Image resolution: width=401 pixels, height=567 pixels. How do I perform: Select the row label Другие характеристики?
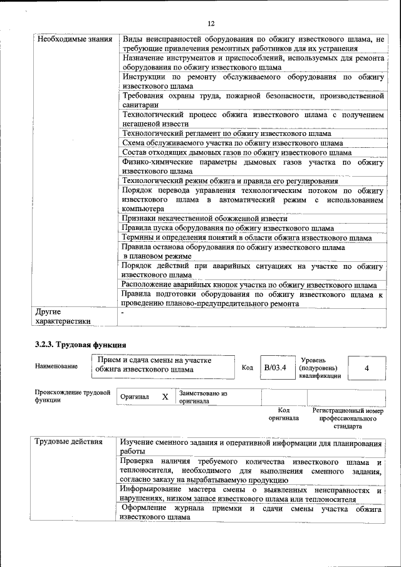[63, 316]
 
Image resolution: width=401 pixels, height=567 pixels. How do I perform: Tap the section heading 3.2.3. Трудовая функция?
[80, 345]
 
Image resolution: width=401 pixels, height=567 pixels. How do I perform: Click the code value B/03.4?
[274, 368]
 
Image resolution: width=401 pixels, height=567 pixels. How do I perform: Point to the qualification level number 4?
[366, 368]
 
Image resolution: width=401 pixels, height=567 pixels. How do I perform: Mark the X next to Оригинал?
[165, 397]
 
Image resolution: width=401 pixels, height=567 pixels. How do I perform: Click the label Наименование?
[56, 366]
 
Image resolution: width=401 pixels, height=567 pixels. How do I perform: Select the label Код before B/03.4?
[247, 368]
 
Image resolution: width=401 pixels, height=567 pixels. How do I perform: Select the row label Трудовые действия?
[69, 442]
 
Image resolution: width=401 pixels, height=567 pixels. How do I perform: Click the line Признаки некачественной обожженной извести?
[205, 219]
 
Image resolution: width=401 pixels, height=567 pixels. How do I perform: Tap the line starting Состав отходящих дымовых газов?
[237, 152]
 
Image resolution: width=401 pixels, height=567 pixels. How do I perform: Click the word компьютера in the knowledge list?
[143, 209]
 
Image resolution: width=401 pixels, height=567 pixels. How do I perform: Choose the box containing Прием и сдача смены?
[164, 365]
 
